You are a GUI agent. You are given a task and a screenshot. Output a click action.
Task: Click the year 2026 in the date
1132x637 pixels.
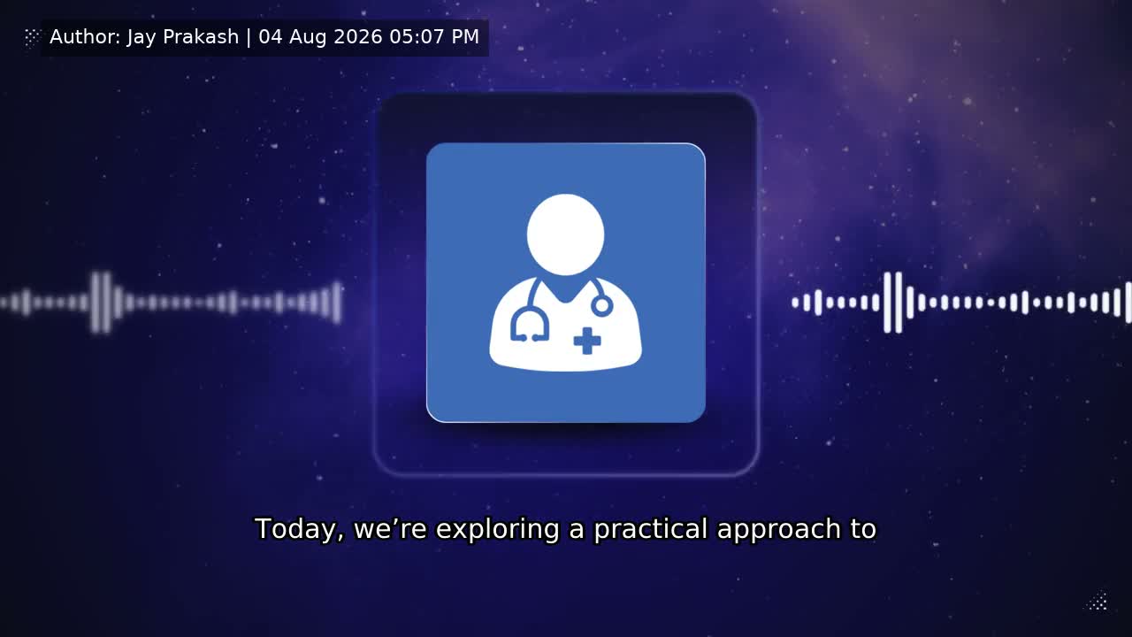pyautogui.click(x=358, y=37)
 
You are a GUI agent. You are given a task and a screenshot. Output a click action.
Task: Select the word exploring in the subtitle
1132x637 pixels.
pyautogui.click(x=497, y=530)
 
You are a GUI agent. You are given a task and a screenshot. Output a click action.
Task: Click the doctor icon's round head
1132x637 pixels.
pyautogui.click(x=565, y=234)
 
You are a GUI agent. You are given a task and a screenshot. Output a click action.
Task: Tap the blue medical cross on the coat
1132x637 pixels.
pyautogui.click(x=587, y=341)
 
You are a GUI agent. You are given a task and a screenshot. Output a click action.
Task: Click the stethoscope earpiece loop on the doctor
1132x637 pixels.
pyautogui.click(x=529, y=325)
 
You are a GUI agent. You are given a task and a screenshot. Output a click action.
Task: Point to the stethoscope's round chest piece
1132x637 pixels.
pyautogui.click(x=602, y=305)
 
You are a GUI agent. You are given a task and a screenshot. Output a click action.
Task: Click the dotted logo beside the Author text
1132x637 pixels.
pyautogui.click(x=31, y=37)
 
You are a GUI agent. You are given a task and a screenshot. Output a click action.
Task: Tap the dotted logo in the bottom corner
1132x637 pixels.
pyautogui.click(x=1098, y=602)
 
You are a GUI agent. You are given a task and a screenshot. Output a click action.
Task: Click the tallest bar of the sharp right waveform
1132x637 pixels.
pyautogui.click(x=899, y=303)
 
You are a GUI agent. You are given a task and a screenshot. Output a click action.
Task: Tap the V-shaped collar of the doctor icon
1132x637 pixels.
pyautogui.click(x=565, y=291)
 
